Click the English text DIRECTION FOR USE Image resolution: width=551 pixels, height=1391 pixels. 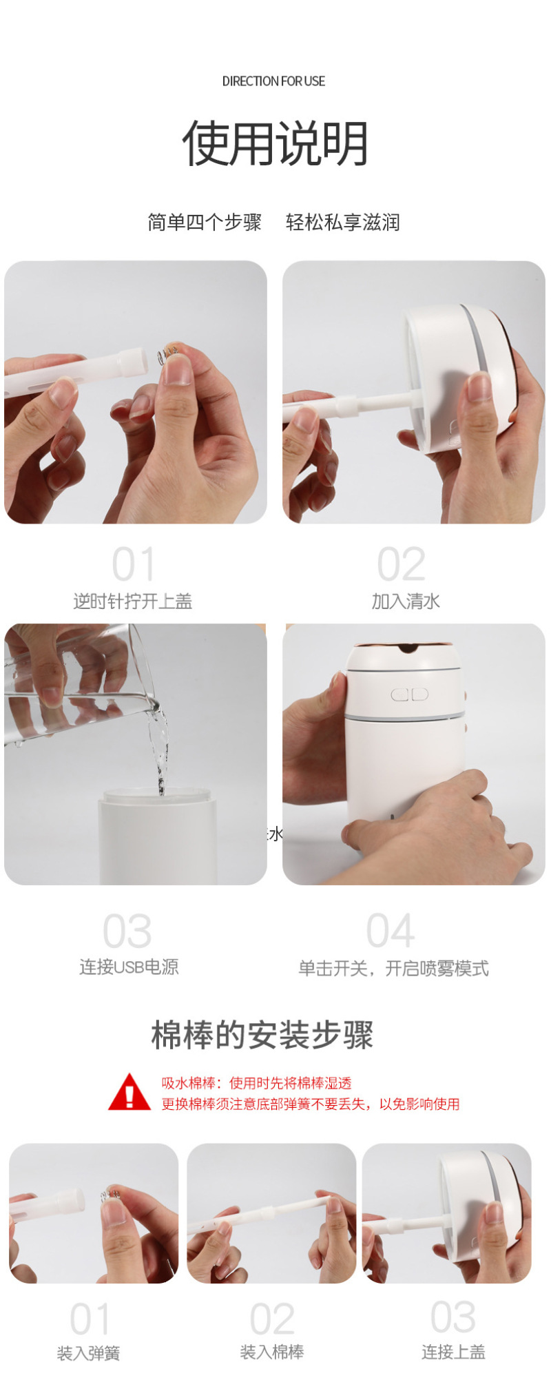coord(273,81)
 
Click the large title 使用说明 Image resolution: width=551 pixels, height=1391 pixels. coord(275,144)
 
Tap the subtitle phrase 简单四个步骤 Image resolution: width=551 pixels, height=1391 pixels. coord(205,223)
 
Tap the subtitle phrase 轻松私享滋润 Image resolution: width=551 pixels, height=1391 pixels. coord(342,223)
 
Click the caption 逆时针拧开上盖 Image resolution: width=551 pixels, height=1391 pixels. coord(133,601)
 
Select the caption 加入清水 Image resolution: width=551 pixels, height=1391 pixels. coord(406,601)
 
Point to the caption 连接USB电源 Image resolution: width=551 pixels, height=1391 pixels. coord(129,967)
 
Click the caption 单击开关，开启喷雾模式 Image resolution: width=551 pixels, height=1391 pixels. coord(393,969)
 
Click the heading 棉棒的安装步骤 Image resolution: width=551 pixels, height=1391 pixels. coord(262,1035)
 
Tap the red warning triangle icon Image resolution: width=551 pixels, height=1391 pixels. coord(129,1093)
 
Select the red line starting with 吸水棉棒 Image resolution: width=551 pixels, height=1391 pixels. coord(256,1083)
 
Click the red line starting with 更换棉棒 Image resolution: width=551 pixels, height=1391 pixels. coord(311,1104)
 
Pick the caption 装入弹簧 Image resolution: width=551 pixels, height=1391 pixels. coord(88,1354)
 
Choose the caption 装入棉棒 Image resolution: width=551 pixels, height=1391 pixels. coord(272,1352)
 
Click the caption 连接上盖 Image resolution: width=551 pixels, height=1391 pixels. coord(453,1352)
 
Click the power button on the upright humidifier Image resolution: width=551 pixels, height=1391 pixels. coord(409,694)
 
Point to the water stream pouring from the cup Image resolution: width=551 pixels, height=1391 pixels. coord(160,748)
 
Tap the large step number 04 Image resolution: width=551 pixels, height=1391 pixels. coord(391,931)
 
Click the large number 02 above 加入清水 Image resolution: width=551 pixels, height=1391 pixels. coord(402,565)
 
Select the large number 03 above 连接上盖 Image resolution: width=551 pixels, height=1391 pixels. coord(453,1317)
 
